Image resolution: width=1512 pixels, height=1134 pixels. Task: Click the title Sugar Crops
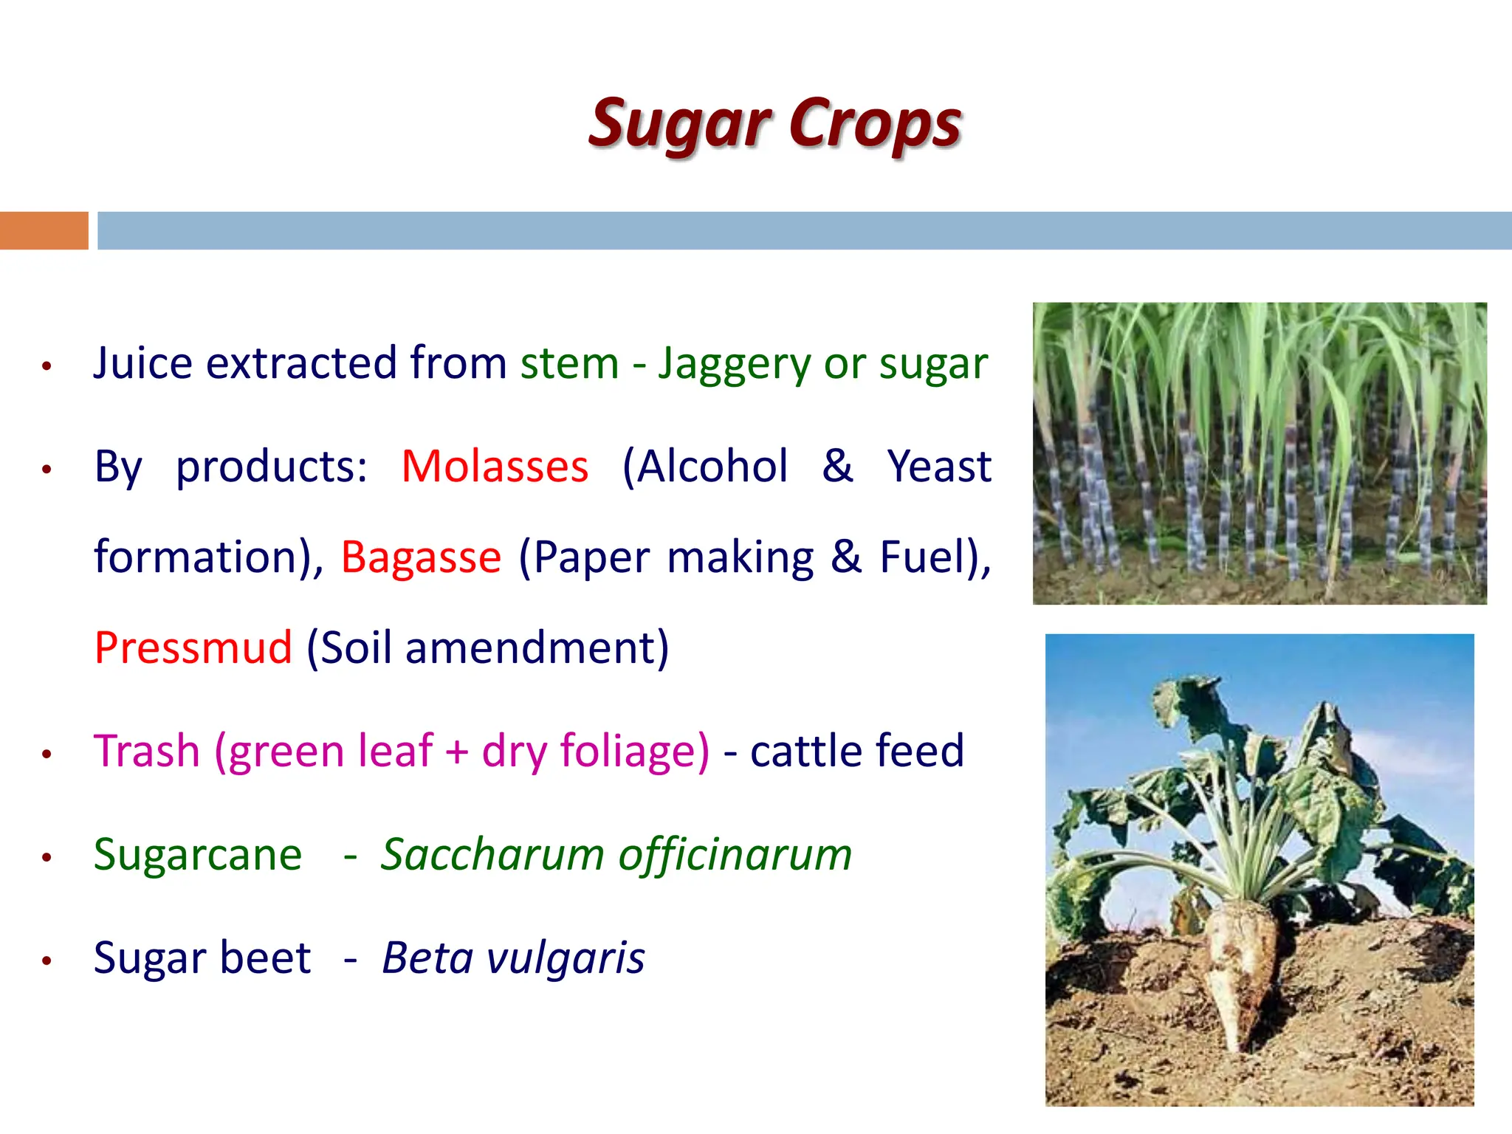(x=774, y=124)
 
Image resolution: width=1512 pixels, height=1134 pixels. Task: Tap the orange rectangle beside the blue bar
(x=44, y=230)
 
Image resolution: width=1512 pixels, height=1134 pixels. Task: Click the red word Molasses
(x=495, y=467)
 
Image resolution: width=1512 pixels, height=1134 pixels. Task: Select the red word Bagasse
(x=421, y=557)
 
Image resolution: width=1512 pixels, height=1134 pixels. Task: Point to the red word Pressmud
(x=193, y=647)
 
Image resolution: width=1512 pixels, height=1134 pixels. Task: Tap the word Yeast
(x=939, y=467)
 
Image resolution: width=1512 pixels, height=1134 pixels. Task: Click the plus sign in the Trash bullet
(x=457, y=752)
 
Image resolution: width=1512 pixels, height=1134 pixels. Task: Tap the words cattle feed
(x=856, y=751)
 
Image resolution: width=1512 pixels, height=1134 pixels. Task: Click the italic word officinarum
(x=735, y=855)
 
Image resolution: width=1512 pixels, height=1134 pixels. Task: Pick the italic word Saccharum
(x=492, y=855)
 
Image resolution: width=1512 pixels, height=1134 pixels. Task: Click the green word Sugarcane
(x=198, y=855)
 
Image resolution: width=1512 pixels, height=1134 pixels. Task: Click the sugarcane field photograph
(x=1259, y=453)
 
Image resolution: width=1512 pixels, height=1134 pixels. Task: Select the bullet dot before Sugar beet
(x=47, y=961)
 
